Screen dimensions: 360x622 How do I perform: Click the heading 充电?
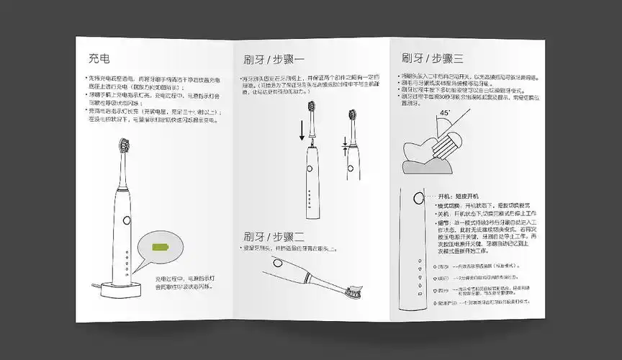pos(99,58)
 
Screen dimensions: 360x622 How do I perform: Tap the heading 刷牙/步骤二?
pos(274,236)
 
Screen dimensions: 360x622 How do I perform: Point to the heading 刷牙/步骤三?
pos(432,58)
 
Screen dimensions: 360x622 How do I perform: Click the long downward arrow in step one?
pos(301,130)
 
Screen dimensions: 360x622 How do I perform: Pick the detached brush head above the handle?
pos(314,114)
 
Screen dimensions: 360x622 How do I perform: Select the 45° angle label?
pos(445,113)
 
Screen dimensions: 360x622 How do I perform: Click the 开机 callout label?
pos(447,196)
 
